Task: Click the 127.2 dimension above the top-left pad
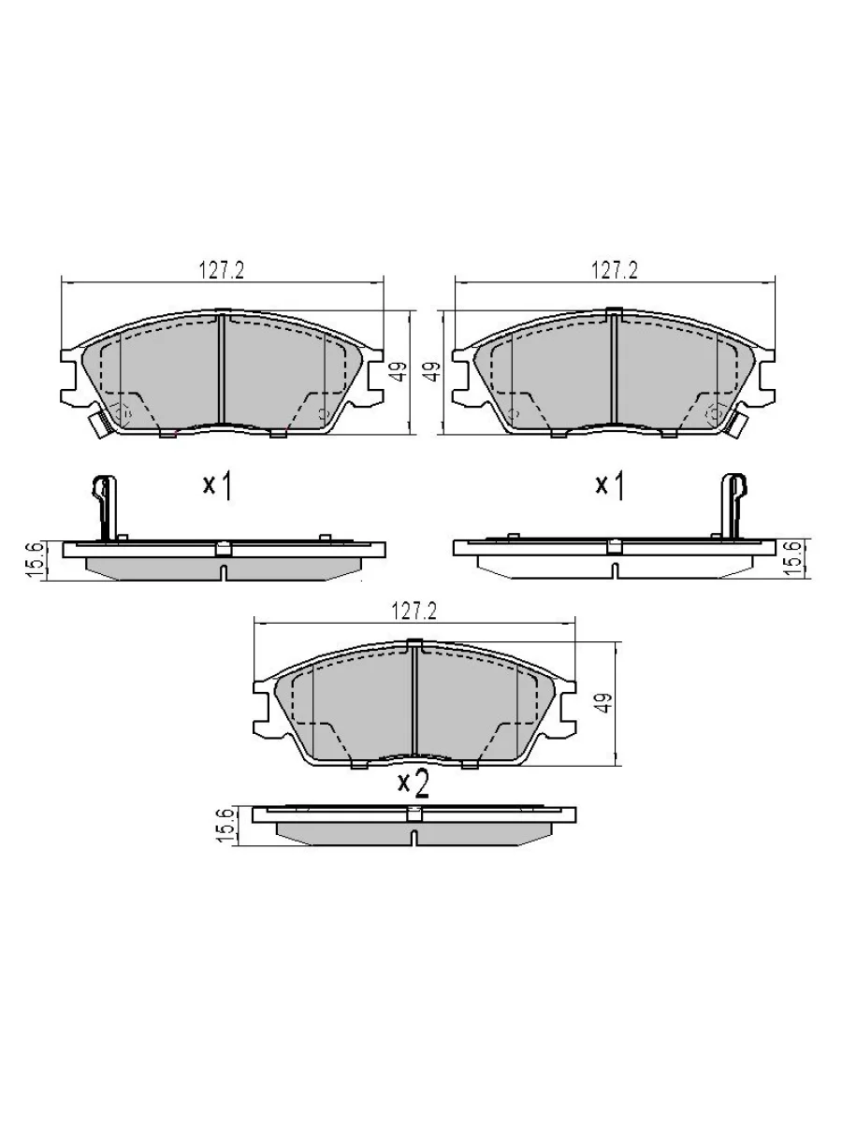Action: (222, 271)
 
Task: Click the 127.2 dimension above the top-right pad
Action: (615, 270)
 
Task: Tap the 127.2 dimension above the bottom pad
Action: (414, 611)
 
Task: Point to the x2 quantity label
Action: (414, 784)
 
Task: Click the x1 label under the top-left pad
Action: (217, 485)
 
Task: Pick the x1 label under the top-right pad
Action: (610, 485)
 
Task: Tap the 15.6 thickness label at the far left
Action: (35, 561)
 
